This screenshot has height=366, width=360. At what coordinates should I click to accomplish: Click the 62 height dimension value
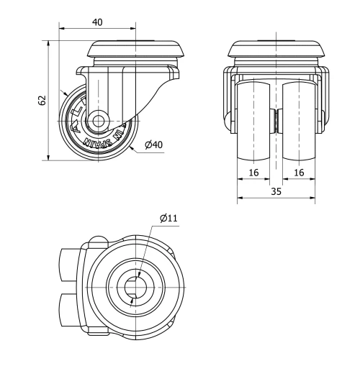(41, 100)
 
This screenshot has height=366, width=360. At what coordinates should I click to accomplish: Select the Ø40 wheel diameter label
(153, 145)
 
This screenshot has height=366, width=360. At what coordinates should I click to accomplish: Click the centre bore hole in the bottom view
(134, 288)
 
